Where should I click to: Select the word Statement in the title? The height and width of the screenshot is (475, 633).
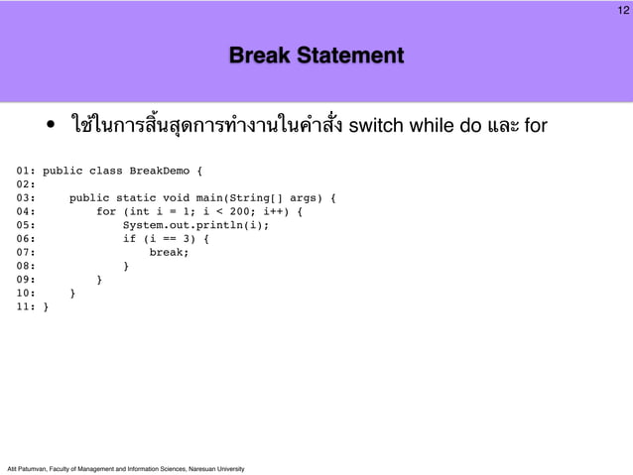pyautogui.click(x=353, y=55)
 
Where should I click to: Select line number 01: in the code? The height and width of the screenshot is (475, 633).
pyautogui.click(x=27, y=171)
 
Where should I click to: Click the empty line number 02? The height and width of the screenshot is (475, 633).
pyautogui.click(x=27, y=184)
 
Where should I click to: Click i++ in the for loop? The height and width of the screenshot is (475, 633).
pyautogui.click(x=274, y=212)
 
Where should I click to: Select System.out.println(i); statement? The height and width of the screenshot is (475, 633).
pyautogui.click(x=195, y=225)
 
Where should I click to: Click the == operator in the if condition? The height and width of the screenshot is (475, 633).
pyautogui.click(x=170, y=239)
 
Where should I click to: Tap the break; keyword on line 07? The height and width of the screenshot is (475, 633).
pyautogui.click(x=170, y=253)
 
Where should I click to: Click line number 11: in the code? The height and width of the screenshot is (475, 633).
pyautogui.click(x=27, y=307)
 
